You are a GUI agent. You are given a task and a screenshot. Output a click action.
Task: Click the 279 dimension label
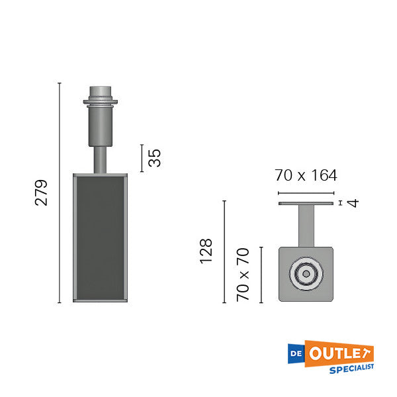click(42, 193)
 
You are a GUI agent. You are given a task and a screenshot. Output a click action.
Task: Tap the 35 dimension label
click(154, 157)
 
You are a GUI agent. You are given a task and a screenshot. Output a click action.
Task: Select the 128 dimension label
click(206, 251)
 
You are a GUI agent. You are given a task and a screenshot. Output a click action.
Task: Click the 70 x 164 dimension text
click(306, 175)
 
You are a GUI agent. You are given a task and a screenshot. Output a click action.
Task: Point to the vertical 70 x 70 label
click(244, 275)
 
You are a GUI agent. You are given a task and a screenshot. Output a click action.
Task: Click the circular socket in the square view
click(306, 274)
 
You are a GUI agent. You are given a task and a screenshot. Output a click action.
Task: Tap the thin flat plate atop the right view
click(306, 203)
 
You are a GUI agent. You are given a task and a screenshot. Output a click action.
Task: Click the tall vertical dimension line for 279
click(60, 193)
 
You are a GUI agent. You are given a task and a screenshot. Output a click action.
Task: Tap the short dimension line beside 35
click(142, 157)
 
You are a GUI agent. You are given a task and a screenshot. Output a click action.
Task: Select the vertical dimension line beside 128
click(224, 251)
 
